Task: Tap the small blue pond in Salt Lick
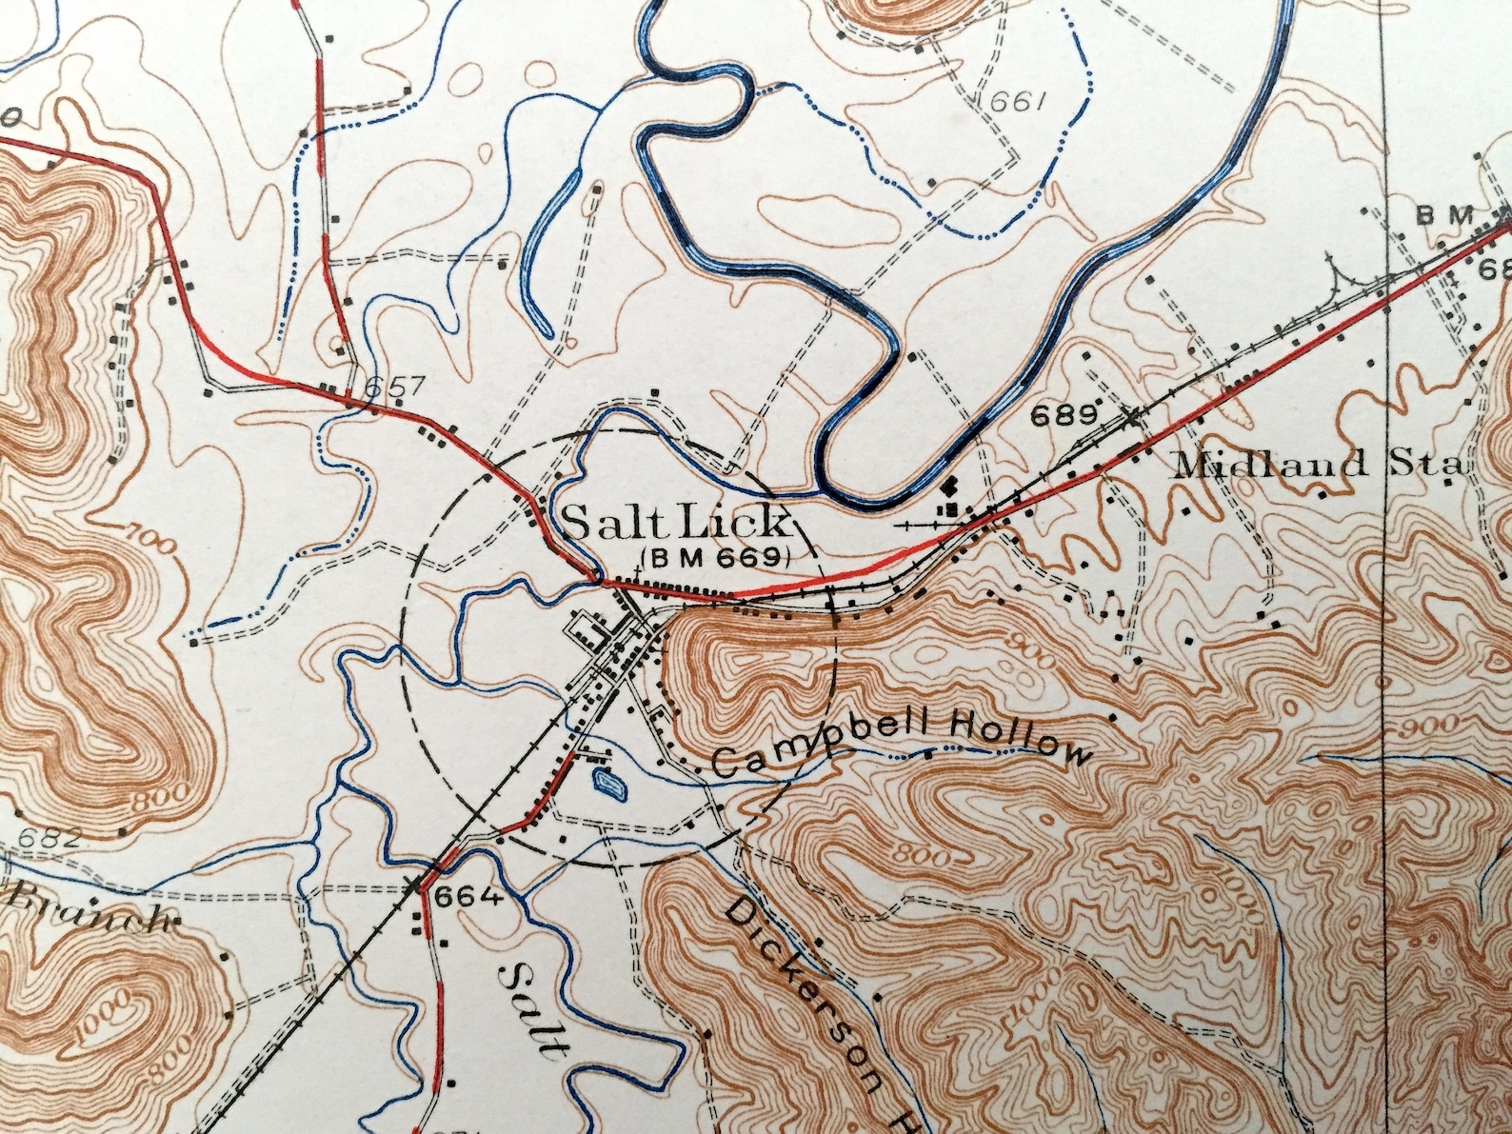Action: (608, 785)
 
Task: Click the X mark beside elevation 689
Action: (1130, 416)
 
